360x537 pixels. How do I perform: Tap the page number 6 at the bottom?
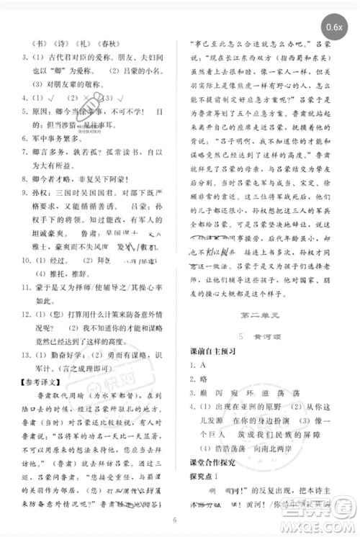(x=174, y=520)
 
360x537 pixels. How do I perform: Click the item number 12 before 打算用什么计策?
(x=26, y=317)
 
